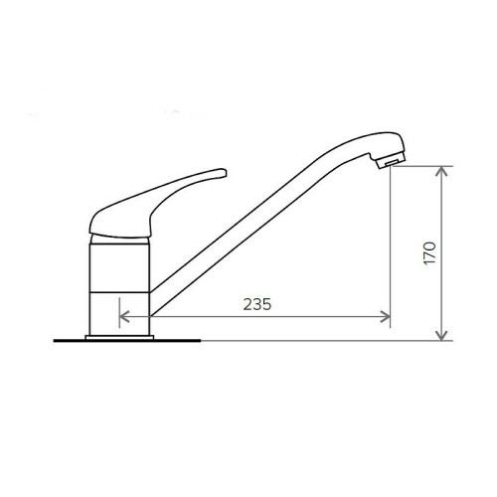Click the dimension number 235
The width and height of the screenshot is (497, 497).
[257, 304]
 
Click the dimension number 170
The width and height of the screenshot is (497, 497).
[429, 253]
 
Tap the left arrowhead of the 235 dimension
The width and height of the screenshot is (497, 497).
[124, 317]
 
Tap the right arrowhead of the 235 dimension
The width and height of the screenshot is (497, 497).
[386, 317]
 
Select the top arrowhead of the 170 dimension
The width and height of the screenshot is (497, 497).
[441, 171]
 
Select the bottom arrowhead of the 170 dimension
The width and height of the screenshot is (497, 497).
[441, 336]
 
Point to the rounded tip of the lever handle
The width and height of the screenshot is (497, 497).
[223, 173]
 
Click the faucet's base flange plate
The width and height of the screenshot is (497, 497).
[119, 338]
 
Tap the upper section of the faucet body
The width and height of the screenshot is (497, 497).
[119, 268]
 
